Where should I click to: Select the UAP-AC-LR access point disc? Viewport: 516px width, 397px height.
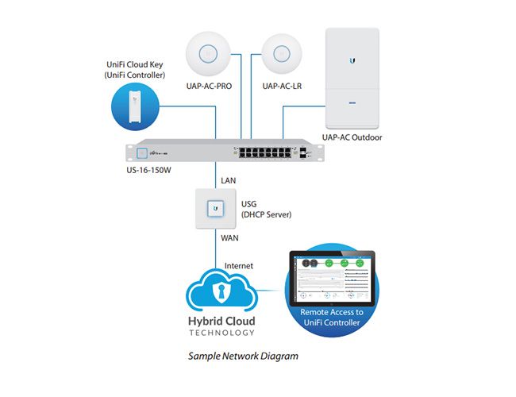pos(279,54)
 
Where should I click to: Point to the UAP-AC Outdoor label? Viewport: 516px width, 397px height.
pos(352,137)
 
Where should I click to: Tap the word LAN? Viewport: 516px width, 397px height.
pos(229,181)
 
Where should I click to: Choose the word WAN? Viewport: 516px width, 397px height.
pos(230,237)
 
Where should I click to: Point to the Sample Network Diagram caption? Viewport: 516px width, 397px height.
pos(243,356)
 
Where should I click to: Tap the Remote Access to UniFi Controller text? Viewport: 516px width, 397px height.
pos(331,317)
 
